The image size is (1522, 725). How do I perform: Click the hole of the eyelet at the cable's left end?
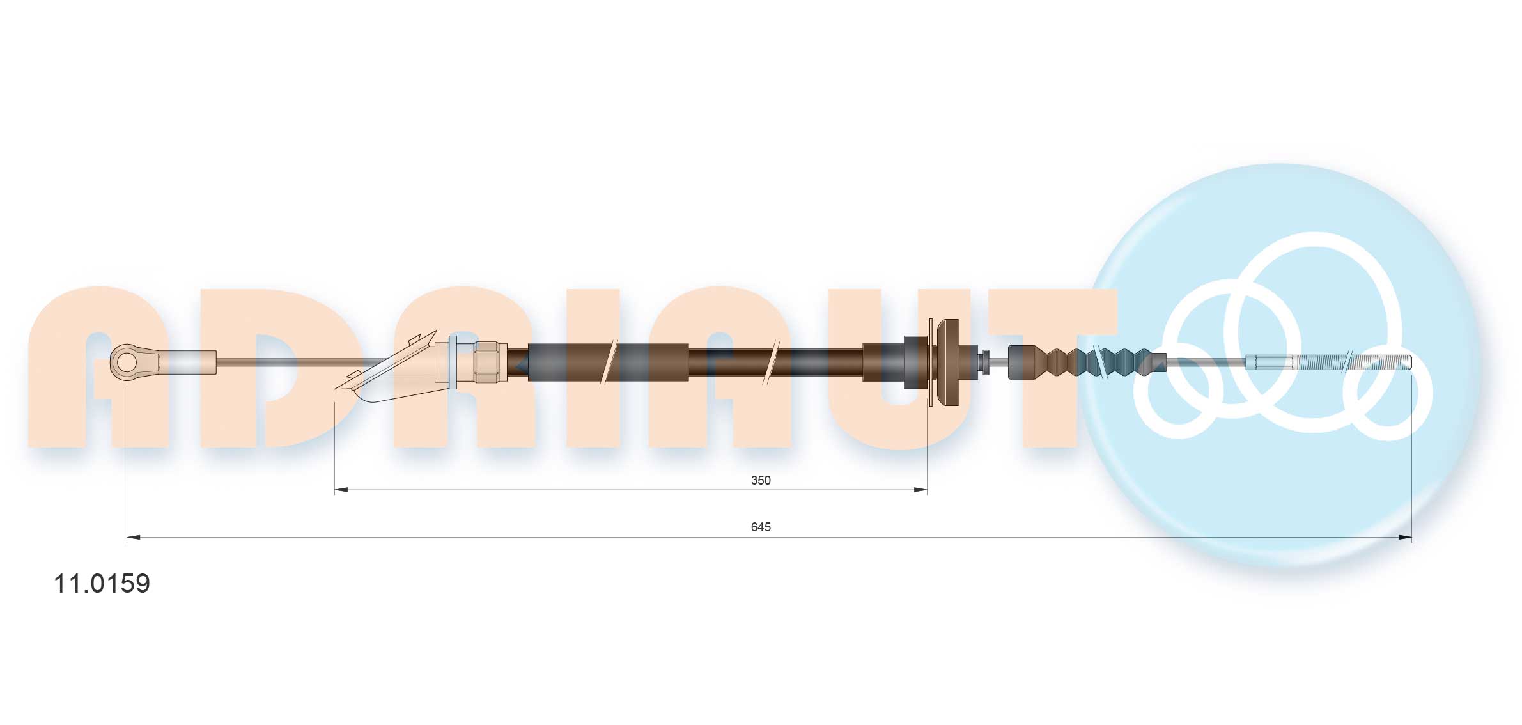127,362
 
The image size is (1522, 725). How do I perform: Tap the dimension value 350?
760,480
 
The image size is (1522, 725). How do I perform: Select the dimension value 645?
760,527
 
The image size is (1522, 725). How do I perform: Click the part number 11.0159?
102,583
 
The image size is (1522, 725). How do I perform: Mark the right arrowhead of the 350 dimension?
920,490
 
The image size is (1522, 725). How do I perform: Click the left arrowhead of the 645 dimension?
134,538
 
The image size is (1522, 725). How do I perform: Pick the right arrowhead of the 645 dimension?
1404,538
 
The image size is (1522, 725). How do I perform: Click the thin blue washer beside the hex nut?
453,362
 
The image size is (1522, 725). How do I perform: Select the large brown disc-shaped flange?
947,362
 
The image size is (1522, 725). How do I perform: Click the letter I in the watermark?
593,368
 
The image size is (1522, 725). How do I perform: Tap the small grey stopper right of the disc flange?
985,362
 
